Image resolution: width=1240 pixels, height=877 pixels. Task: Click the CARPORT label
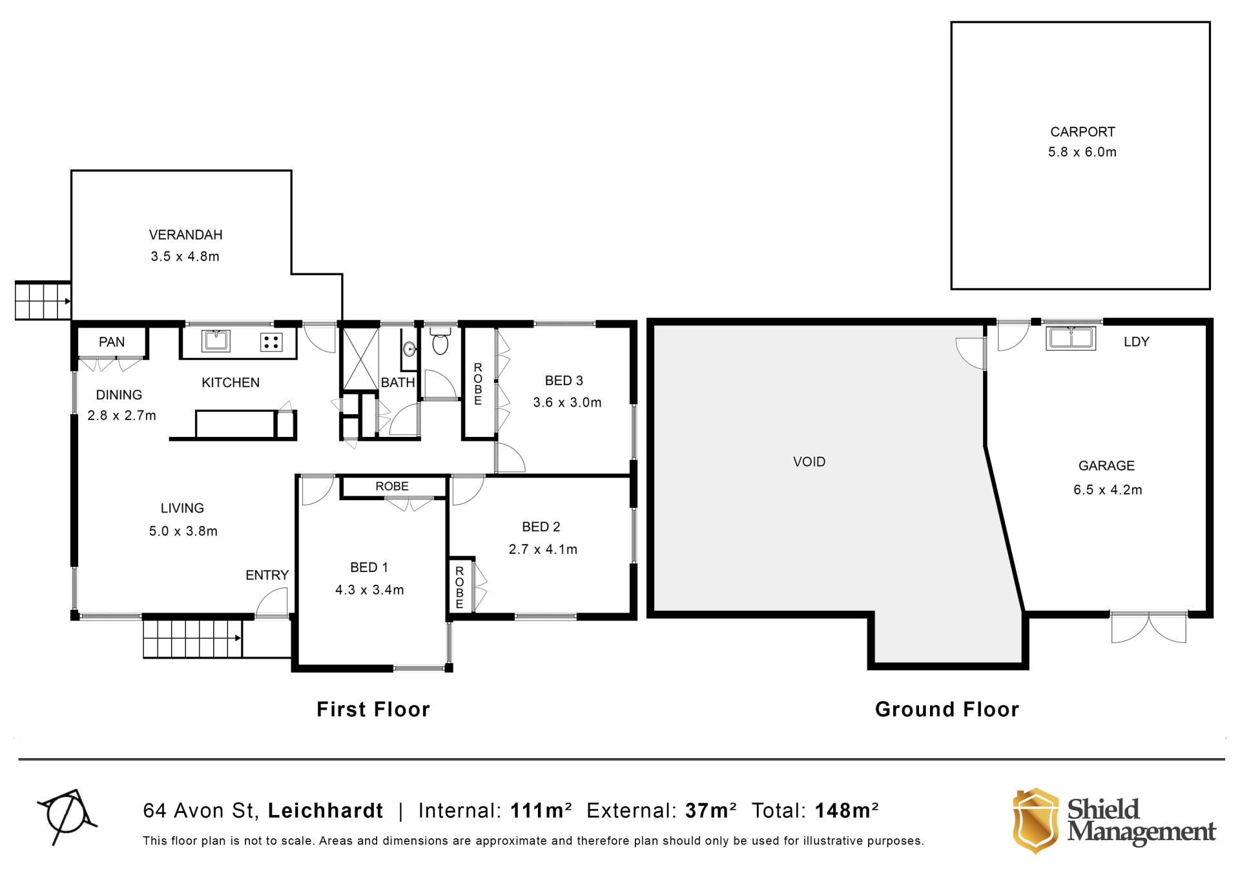click(1082, 132)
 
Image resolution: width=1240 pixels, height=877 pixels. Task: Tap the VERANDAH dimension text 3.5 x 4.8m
click(185, 257)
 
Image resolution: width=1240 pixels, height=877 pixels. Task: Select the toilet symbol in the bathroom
click(440, 341)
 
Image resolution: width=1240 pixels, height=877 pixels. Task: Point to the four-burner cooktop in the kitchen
click(271, 341)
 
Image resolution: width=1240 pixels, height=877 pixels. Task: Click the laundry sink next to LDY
click(1071, 338)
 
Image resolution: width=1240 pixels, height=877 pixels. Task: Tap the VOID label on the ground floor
click(809, 461)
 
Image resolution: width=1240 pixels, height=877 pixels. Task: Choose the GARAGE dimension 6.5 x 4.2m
click(1108, 490)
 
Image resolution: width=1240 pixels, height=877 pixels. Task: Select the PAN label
click(112, 342)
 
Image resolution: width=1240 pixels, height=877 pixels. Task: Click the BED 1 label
click(369, 567)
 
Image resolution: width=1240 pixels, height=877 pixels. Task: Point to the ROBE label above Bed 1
click(392, 486)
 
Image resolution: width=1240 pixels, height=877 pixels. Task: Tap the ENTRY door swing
click(272, 604)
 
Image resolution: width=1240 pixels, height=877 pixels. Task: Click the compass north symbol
click(67, 816)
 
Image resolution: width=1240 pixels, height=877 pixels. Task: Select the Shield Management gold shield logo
click(1035, 821)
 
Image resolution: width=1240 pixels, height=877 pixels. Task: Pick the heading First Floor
click(373, 710)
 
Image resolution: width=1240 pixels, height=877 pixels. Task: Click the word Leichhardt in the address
click(325, 810)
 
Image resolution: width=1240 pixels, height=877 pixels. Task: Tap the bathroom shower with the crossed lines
click(360, 359)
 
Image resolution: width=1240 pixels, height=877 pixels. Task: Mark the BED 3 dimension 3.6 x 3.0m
click(567, 403)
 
